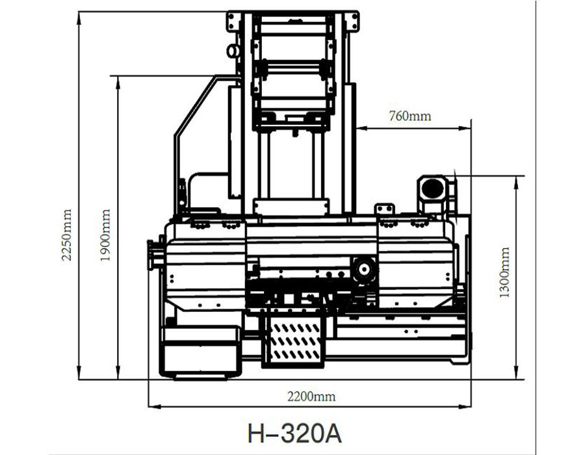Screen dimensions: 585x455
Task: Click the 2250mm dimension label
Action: pos(66,235)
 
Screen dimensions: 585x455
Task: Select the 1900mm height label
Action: pos(105,235)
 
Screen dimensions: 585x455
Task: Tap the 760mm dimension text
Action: pos(409,116)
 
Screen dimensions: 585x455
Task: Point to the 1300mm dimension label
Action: pos(504,272)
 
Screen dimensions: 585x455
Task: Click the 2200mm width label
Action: pos(311,396)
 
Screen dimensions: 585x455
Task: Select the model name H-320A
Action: pos(294,434)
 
